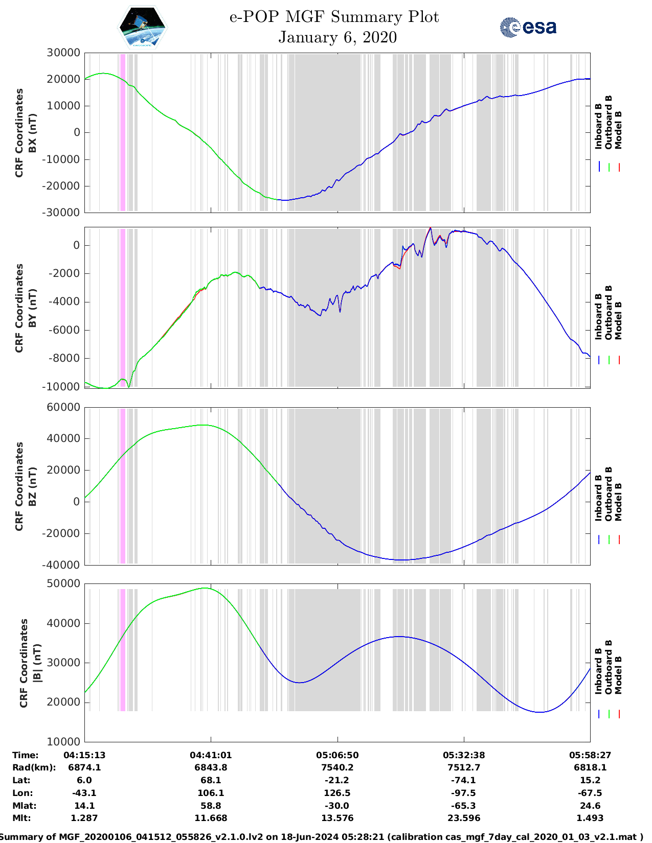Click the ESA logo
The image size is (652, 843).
tap(528, 27)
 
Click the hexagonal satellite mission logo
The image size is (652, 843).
tap(143, 27)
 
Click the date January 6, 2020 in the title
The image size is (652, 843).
tap(338, 37)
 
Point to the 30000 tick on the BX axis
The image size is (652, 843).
tap(63, 53)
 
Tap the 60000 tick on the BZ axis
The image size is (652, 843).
tap(63, 407)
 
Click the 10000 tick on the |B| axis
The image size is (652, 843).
tap(63, 741)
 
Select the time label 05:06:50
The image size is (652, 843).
tap(337, 755)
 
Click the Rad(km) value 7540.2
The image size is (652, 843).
tap(337, 767)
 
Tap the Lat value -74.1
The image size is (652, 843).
tap(464, 780)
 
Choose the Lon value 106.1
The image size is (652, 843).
tap(211, 793)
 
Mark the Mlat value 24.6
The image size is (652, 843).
tap(590, 806)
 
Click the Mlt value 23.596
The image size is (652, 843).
tap(464, 818)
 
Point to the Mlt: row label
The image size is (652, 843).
tap(21, 818)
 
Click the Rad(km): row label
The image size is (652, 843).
tap(34, 767)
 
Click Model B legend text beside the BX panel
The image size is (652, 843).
tap(618, 130)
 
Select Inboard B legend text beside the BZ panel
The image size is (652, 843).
tap(598, 498)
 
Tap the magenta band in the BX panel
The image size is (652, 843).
tap(122, 132)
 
